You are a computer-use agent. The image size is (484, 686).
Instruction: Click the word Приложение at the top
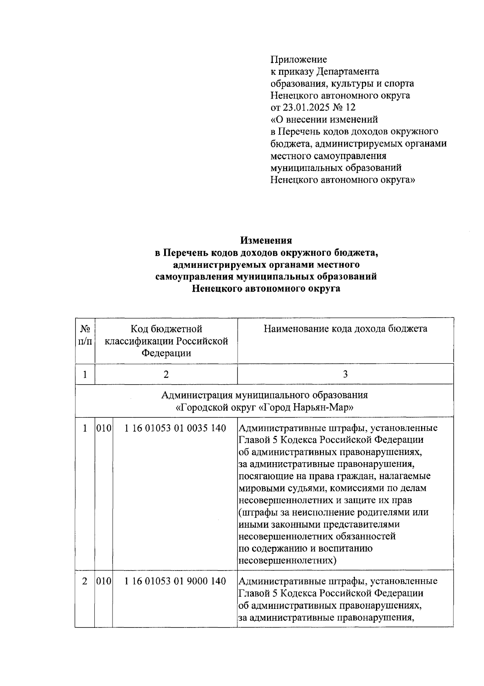pos(298,60)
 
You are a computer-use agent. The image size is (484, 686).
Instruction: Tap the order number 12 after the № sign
pos(351,107)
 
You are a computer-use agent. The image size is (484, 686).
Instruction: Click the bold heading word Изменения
pos(266,241)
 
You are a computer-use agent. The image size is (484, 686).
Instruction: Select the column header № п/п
pos(85,335)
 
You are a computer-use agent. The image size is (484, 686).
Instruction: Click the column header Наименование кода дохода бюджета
pos(345,329)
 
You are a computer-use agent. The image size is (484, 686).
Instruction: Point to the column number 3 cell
pos(345,374)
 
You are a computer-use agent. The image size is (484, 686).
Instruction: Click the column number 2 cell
pos(166,374)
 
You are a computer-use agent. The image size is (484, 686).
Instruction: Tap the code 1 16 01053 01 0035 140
pos(175,428)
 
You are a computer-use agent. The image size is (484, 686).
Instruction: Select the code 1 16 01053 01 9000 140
pos(175,581)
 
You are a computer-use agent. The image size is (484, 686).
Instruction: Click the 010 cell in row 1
pos(103,428)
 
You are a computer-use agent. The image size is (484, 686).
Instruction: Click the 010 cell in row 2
pos(103,581)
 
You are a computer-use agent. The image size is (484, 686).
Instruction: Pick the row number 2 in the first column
pos(85,581)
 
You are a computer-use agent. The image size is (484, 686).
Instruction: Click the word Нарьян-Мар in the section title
pos(330,407)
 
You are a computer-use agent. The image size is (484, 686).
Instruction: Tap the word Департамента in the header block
pos(348,72)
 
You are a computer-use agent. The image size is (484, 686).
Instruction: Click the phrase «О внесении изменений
pos(324,120)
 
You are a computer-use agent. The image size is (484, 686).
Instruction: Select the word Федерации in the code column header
pos(166,353)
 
